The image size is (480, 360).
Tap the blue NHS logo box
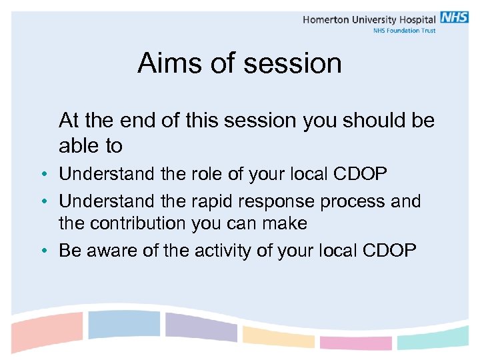454,18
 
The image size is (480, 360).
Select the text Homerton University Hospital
369,19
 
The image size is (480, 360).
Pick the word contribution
142,223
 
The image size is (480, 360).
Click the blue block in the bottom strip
124,325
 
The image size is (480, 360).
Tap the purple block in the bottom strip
200,327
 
